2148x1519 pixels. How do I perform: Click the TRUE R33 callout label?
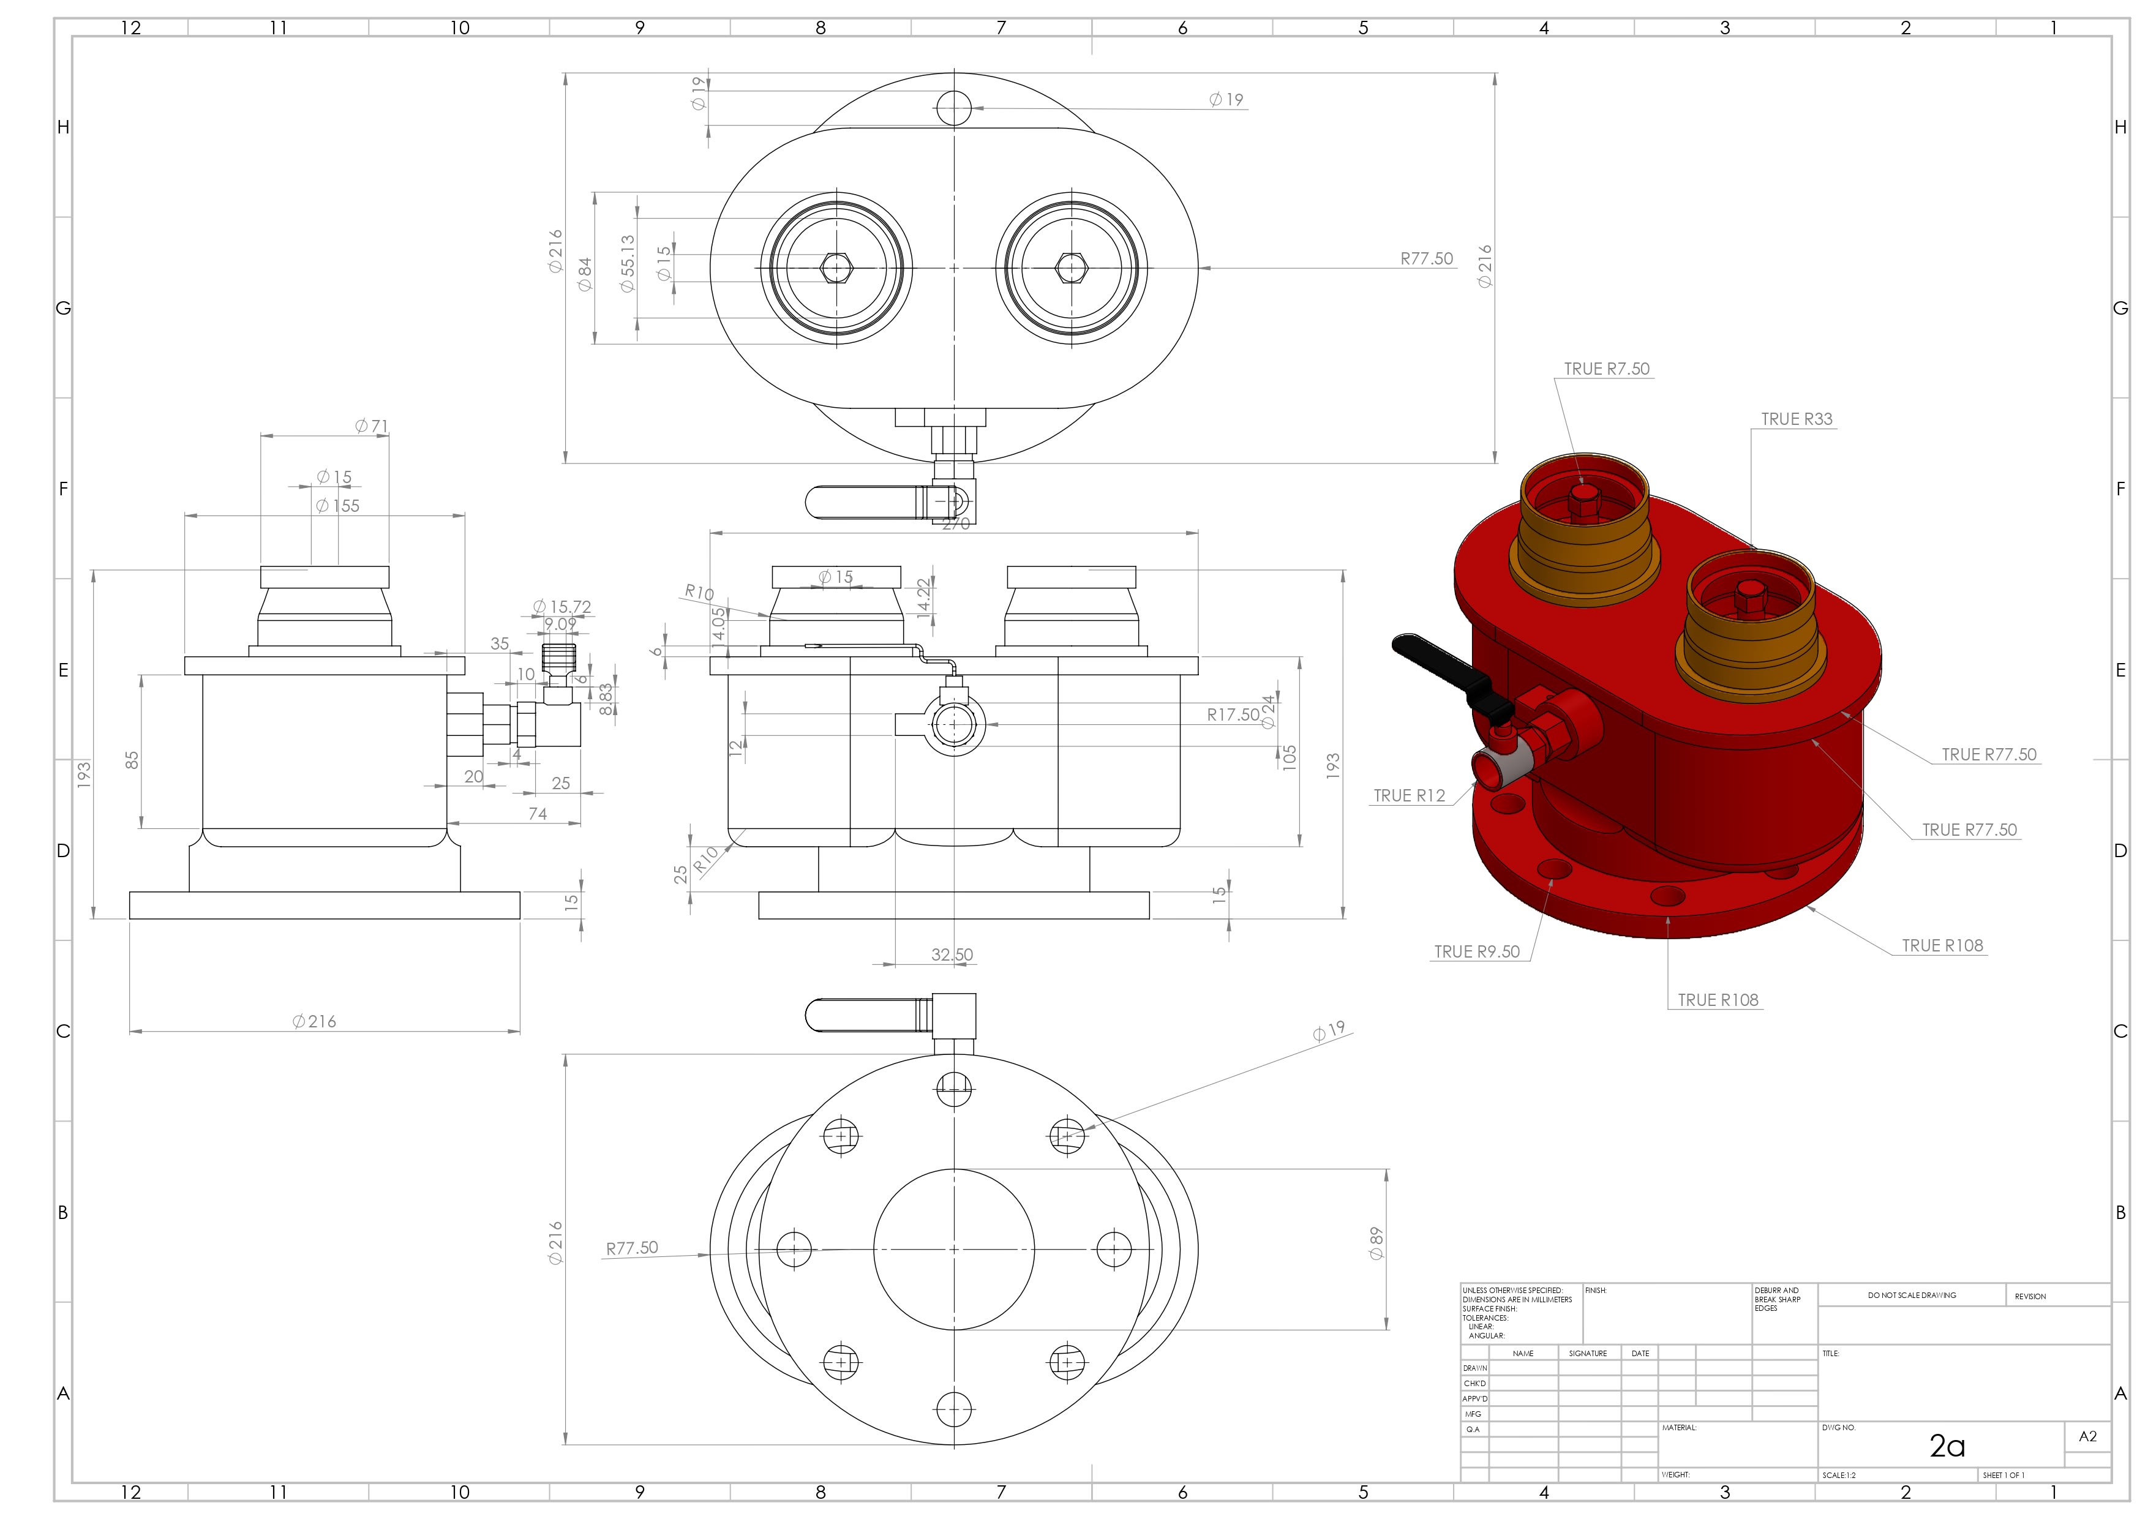tap(1797, 419)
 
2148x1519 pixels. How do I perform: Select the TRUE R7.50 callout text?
tap(1606, 369)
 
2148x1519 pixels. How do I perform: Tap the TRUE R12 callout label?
tap(1409, 795)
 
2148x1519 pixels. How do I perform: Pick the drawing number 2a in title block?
tap(1947, 1446)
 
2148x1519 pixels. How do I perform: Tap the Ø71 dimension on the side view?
tap(372, 426)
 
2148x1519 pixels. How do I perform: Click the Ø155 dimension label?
tap(338, 506)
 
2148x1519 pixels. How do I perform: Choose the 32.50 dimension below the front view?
tap(952, 954)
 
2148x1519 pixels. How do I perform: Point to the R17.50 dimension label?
tap(1232, 714)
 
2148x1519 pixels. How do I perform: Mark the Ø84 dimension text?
tap(585, 274)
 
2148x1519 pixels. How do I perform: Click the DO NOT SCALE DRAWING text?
tap(1911, 1296)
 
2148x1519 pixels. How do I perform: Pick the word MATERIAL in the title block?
tap(1680, 1427)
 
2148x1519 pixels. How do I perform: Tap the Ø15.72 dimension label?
tap(562, 607)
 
